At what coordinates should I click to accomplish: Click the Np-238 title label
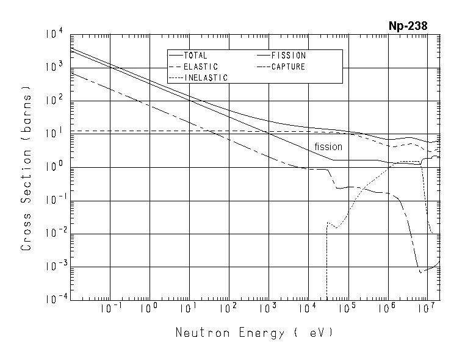pyautogui.click(x=408, y=26)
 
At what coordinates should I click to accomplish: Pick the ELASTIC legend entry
pyautogui.click(x=200, y=67)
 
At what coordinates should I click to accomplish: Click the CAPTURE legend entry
pyautogui.click(x=287, y=67)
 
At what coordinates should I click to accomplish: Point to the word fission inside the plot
pyautogui.click(x=328, y=147)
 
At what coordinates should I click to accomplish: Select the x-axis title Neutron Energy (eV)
pyautogui.click(x=254, y=333)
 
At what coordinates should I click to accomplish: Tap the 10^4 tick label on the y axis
pyautogui.click(x=53, y=34)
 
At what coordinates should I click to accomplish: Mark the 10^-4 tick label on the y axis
pyautogui.click(x=51, y=300)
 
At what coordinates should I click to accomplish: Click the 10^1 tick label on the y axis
pyautogui.click(x=53, y=134)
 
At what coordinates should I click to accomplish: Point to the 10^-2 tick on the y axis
pyautogui.click(x=51, y=233)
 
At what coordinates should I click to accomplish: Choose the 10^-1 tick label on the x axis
pyautogui.click(x=110, y=309)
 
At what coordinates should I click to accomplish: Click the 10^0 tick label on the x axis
pyautogui.click(x=149, y=309)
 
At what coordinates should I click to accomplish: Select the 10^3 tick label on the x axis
pyautogui.click(x=267, y=309)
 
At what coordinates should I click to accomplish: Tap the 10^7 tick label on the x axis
pyautogui.click(x=425, y=309)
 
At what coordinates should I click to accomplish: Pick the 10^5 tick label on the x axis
pyautogui.click(x=347, y=309)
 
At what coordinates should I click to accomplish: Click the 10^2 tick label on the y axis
pyautogui.click(x=53, y=100)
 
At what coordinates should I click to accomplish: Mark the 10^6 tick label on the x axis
pyautogui.click(x=386, y=309)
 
